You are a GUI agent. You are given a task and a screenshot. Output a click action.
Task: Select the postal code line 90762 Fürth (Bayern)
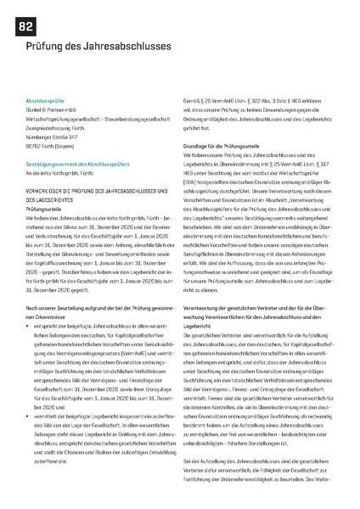53,145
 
